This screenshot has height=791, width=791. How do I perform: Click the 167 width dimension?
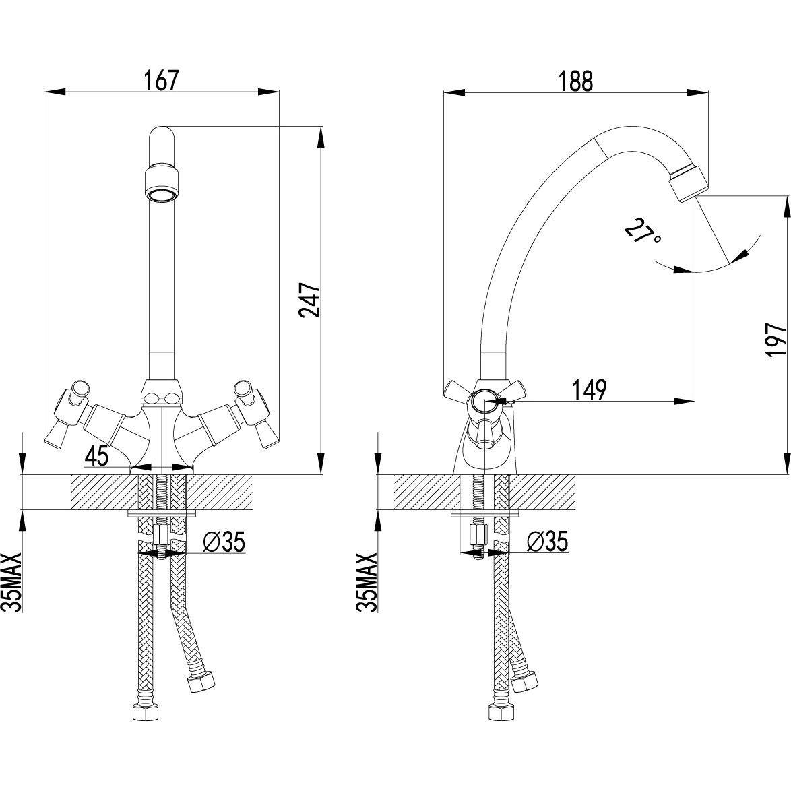tap(161, 80)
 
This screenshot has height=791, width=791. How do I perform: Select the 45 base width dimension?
tap(97, 456)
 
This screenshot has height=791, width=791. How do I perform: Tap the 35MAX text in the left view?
tap(13, 581)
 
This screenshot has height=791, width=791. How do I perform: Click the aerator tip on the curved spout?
tap(689, 182)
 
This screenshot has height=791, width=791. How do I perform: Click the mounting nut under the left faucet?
tap(162, 536)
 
